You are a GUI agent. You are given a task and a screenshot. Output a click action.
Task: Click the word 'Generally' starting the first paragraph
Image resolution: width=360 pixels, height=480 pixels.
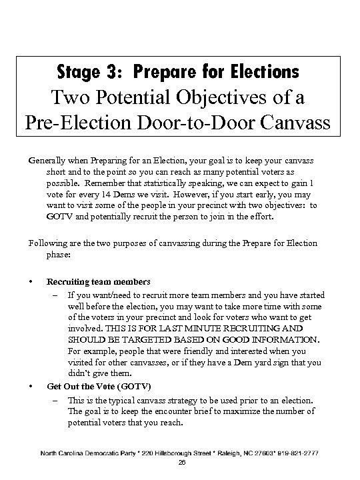(47, 161)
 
